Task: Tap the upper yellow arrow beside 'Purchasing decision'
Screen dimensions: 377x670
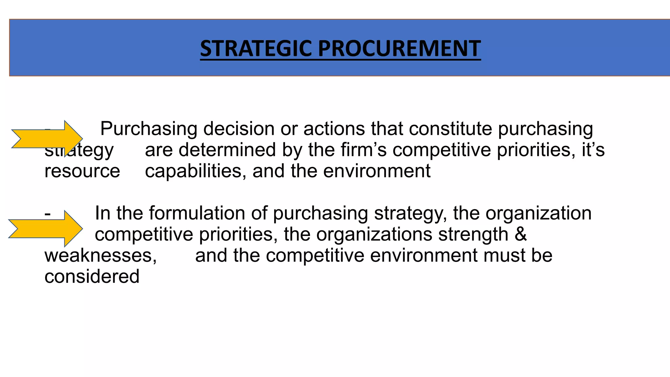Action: pos(47,139)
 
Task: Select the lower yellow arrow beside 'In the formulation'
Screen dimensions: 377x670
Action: pos(45,228)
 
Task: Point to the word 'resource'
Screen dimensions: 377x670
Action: pos(82,171)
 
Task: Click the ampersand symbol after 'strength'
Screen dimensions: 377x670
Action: pos(520,235)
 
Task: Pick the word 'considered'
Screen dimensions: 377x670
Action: pos(92,277)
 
